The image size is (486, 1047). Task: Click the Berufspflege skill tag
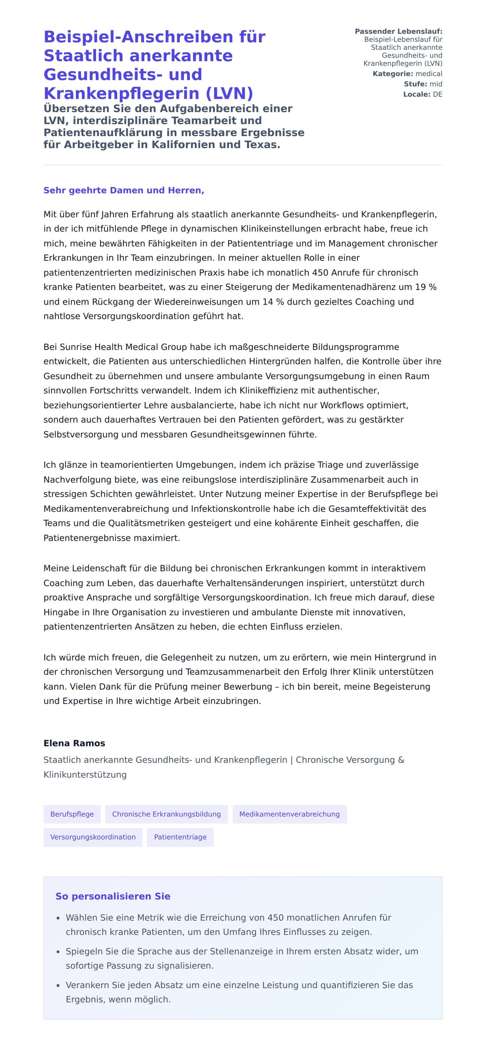tap(72, 814)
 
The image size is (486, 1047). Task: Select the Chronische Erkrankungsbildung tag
tap(166, 814)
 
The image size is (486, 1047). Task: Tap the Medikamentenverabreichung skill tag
tap(289, 814)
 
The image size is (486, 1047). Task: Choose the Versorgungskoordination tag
tap(93, 837)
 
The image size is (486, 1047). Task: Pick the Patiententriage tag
tap(180, 837)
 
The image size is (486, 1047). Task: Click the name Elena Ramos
tap(75, 743)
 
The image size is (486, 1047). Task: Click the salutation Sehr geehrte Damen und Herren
tap(124, 190)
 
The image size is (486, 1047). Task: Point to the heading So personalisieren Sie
tap(113, 896)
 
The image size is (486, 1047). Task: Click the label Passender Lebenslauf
tap(398, 31)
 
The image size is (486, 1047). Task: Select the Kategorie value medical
tap(429, 74)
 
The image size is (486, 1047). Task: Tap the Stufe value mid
tap(436, 84)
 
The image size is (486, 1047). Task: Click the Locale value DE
tap(437, 94)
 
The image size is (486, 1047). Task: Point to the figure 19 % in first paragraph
tap(426, 287)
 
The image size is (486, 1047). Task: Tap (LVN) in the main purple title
tap(230, 93)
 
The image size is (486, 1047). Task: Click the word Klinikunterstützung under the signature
tap(85, 774)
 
